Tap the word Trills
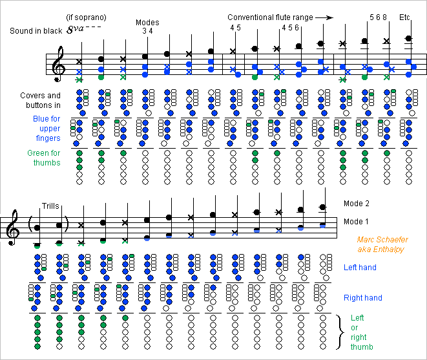coord(50,206)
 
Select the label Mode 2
coord(357,204)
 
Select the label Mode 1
coord(357,222)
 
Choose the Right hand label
coord(363,298)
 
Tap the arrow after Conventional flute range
coord(329,18)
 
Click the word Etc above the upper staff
coord(405,17)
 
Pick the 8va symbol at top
coord(83,30)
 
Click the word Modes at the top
coord(147,23)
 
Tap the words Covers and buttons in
coord(40,100)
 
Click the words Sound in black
coord(36,31)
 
